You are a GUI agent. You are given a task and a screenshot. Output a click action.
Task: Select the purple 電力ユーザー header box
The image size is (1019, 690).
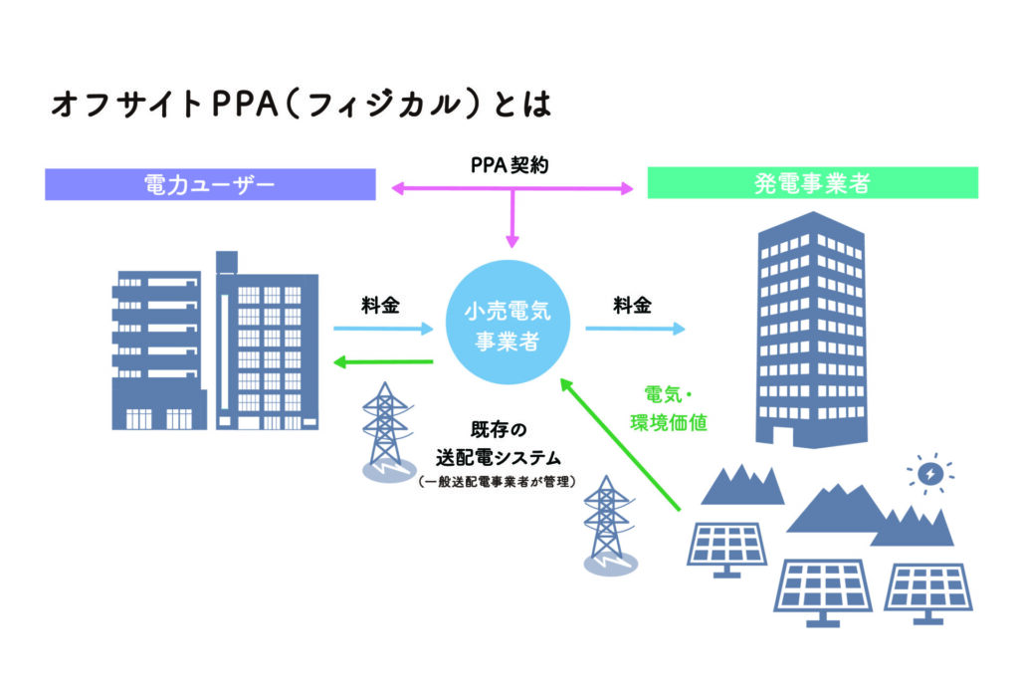click(x=210, y=184)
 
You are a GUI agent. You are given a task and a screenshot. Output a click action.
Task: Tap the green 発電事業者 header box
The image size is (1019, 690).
click(x=812, y=183)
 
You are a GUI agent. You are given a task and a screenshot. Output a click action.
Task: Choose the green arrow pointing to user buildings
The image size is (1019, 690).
click(x=384, y=360)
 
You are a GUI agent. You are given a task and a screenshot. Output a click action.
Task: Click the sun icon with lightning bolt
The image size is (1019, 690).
click(x=930, y=476)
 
